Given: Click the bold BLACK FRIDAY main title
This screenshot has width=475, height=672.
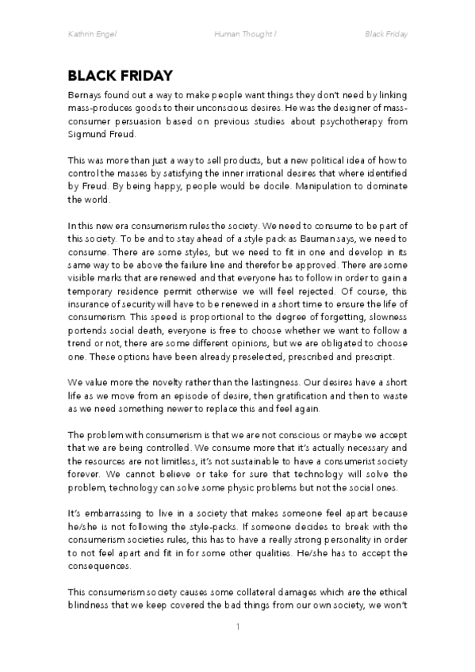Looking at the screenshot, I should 121,76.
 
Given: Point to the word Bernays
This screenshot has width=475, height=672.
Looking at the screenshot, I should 86,94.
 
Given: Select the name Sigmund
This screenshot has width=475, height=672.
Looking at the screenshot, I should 88,136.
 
